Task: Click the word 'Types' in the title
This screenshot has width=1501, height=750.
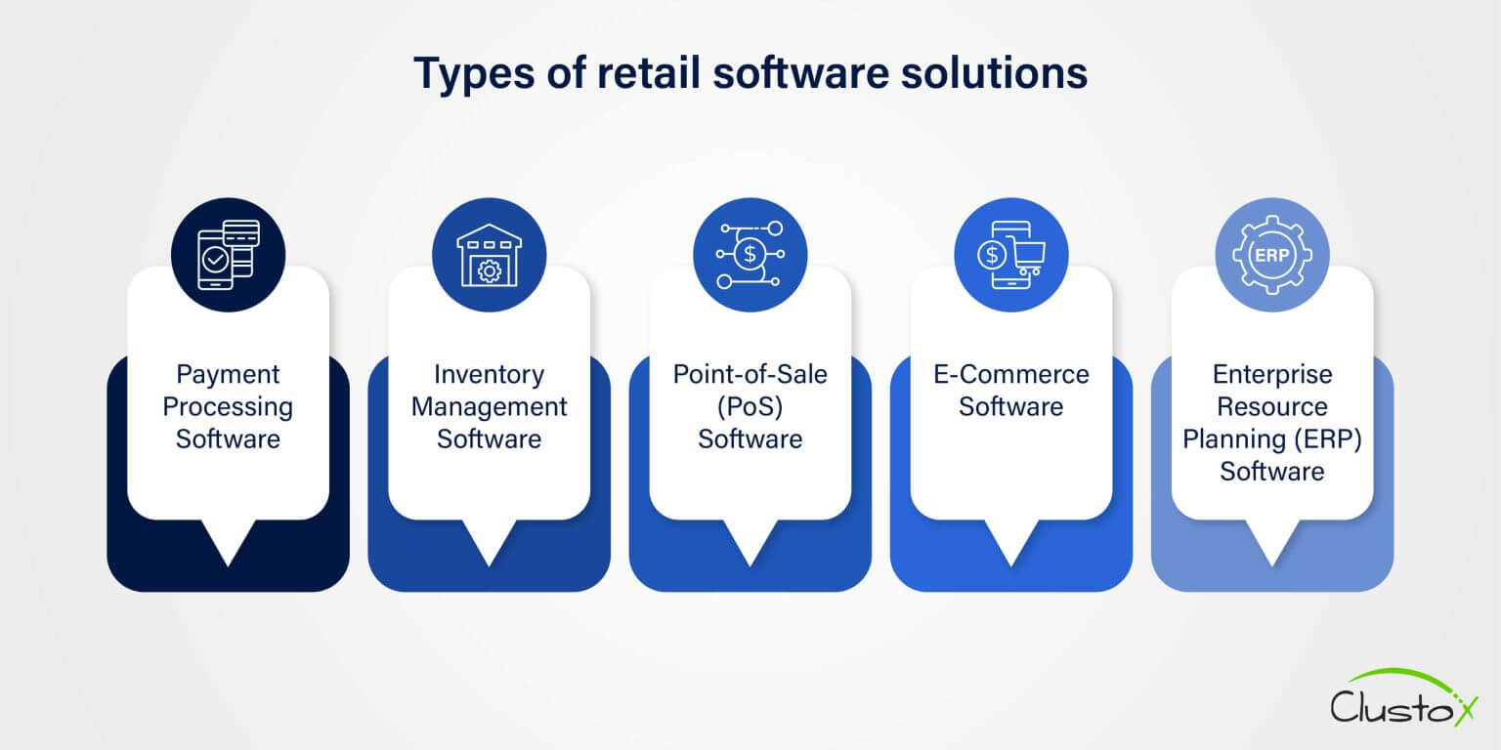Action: tap(474, 74)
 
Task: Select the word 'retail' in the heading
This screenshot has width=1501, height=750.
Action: tap(649, 72)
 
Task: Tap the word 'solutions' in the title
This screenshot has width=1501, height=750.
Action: tap(994, 72)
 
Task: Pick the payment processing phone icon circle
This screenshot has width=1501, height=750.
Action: tap(228, 255)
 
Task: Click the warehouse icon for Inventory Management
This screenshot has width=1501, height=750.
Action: tap(490, 255)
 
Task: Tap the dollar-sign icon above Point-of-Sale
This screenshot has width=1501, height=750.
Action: tap(750, 255)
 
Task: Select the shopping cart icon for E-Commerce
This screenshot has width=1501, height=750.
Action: tap(1011, 255)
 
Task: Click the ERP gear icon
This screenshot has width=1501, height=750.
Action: tap(1271, 255)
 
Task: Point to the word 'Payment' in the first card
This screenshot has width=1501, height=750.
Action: tap(228, 375)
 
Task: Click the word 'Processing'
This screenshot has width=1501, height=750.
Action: tap(228, 407)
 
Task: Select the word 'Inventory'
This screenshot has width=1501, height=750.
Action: tap(490, 375)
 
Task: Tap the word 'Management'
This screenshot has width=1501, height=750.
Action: tap(490, 407)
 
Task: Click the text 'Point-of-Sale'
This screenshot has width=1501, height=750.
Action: tap(750, 374)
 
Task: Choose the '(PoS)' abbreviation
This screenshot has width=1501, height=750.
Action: tap(750, 407)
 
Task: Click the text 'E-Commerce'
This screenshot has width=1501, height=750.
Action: tap(1011, 374)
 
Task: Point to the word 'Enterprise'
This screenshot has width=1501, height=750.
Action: tap(1271, 375)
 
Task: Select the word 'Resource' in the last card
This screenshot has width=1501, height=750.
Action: tap(1271, 406)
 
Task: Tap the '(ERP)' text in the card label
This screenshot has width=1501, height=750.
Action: tap(1328, 439)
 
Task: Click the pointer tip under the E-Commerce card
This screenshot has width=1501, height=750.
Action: tap(1011, 566)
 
